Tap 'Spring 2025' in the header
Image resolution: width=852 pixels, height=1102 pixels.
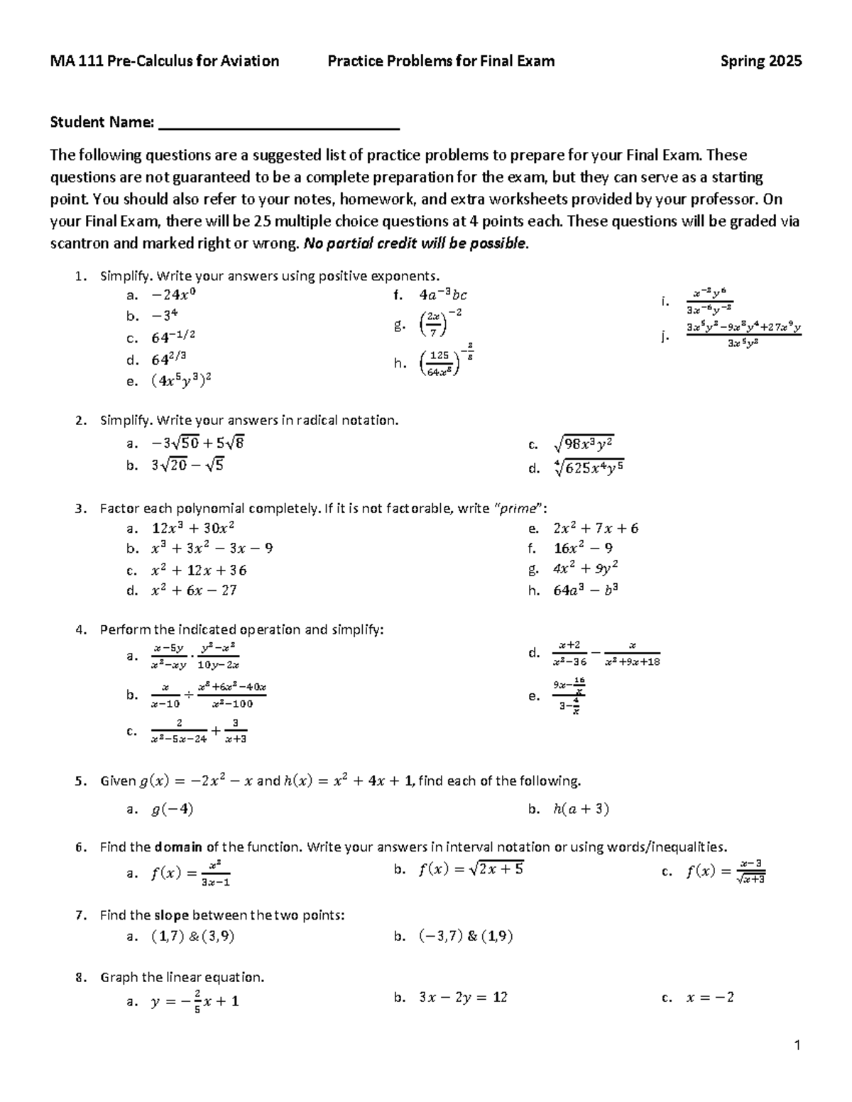761,61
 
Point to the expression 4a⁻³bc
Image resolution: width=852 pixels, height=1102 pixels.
442,294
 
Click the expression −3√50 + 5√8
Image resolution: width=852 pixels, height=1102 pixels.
197,443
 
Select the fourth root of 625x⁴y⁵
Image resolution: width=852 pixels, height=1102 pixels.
588,468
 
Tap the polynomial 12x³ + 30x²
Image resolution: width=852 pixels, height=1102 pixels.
193,528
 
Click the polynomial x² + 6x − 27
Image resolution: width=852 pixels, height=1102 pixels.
194,590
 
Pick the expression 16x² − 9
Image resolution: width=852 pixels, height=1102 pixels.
583,548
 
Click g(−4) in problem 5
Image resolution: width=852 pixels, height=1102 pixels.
172,809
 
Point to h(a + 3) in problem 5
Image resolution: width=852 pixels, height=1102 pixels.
581,809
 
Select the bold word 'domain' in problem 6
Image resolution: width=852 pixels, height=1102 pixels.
178,847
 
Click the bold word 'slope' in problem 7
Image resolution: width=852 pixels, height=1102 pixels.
171,915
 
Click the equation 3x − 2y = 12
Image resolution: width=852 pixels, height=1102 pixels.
463,997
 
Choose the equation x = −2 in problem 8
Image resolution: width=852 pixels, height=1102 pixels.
709,997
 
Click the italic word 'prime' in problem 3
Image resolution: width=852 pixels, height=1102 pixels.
517,508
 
